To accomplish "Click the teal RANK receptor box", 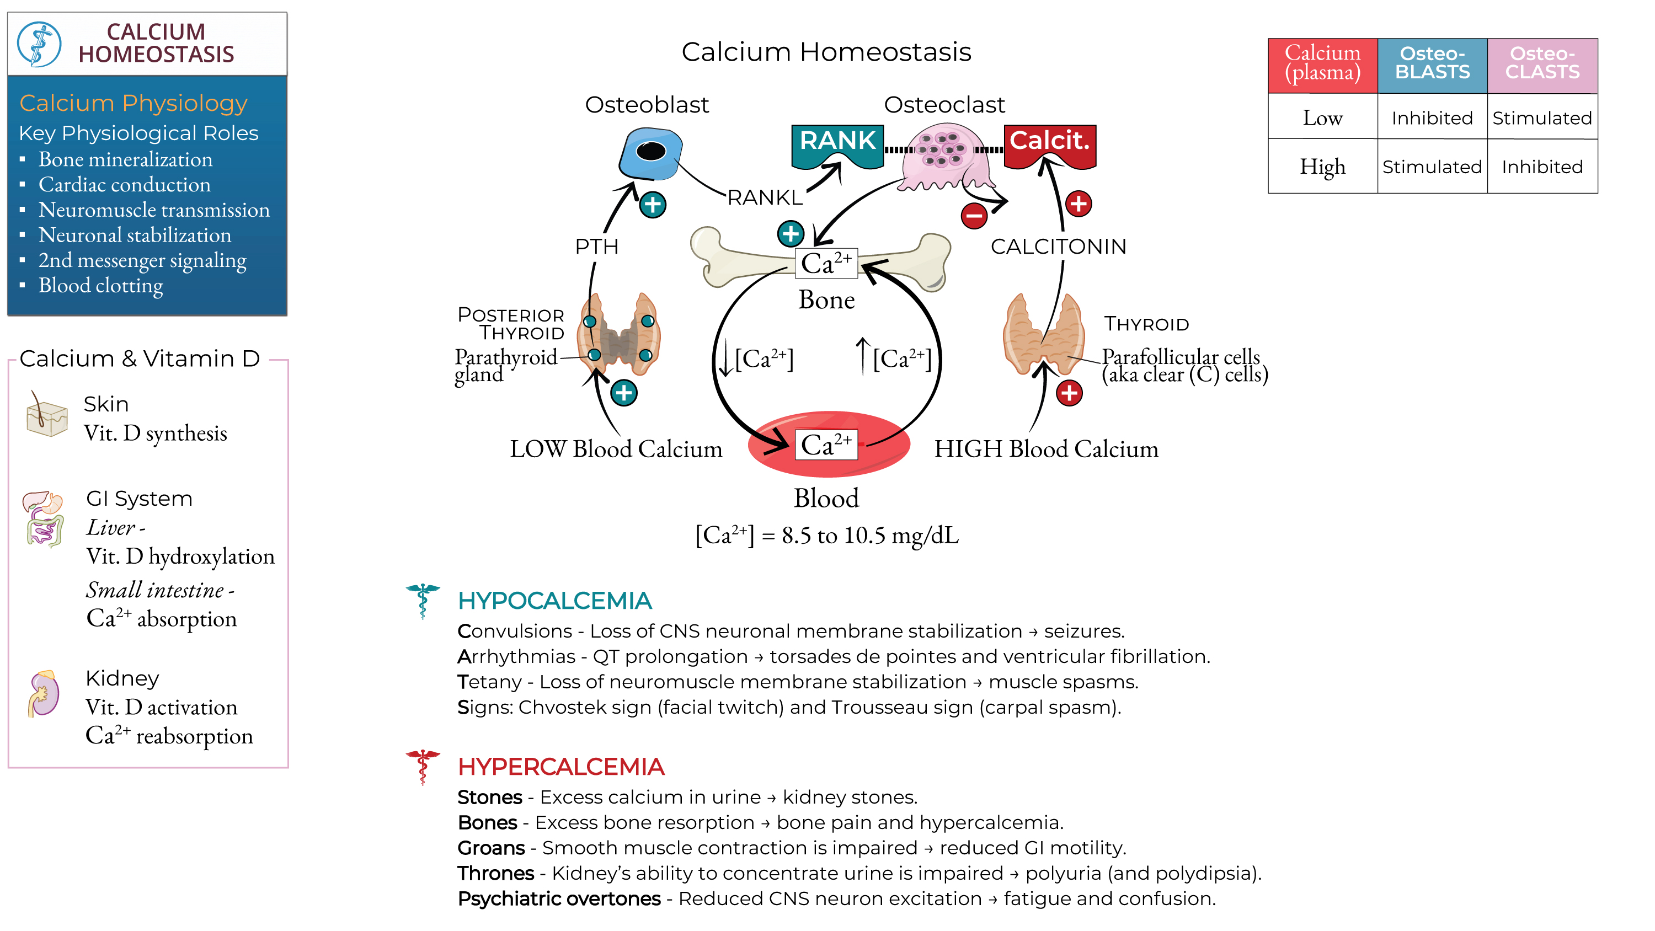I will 837,142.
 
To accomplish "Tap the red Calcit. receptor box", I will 1049,142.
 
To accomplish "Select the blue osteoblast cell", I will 650,153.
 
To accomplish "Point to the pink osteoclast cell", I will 942,157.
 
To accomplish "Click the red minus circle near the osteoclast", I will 974,215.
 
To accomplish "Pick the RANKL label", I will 765,197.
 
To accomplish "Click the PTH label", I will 596,246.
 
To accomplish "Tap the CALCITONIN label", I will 1058,246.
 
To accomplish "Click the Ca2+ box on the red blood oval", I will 826,445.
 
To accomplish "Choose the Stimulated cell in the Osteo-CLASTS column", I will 1541,118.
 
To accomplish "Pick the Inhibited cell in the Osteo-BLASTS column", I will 1432,118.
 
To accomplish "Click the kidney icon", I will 44,693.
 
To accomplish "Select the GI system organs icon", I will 44,518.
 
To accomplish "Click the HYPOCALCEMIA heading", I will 554,601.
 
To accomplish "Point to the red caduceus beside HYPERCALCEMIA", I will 422,766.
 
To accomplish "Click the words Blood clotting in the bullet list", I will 101,285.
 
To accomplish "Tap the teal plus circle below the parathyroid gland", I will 623,393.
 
